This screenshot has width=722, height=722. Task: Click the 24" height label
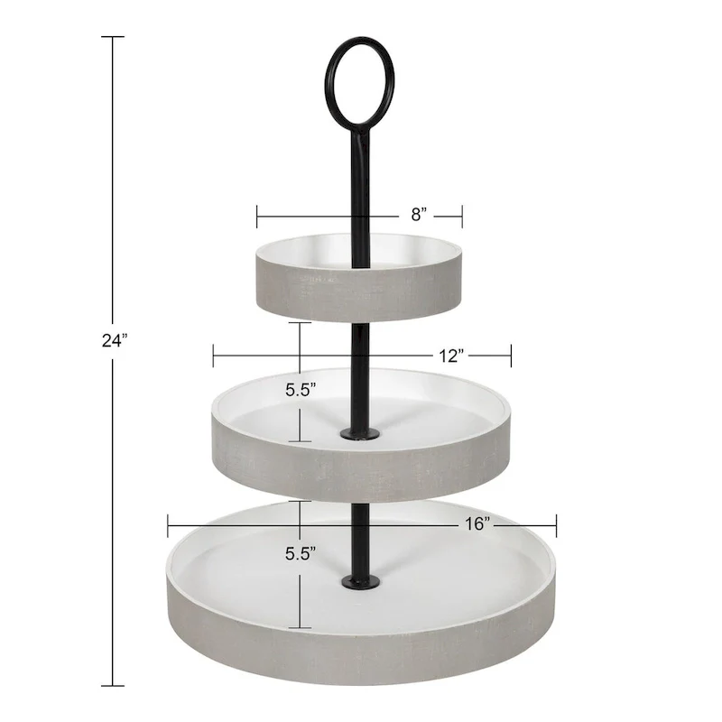(116, 341)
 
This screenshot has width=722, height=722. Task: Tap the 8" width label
(418, 214)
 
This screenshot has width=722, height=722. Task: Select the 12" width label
(452, 355)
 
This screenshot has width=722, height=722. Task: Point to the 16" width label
(477, 523)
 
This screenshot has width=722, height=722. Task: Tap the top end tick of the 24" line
(112, 37)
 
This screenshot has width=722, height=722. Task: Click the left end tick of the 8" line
(257, 216)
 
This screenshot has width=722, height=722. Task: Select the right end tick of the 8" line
(462, 216)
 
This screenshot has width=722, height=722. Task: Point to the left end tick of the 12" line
(213, 355)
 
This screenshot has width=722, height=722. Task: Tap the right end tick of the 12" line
(511, 355)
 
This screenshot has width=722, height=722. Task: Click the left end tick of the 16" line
(168, 523)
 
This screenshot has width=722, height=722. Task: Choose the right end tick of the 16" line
(556, 523)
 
